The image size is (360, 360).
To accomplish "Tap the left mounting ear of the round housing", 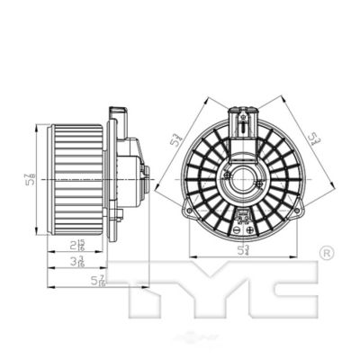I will (x=185, y=211).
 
